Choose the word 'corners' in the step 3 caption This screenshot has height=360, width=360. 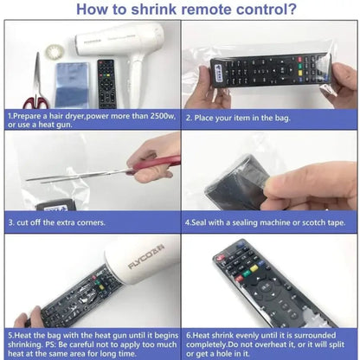pyautogui.click(x=87, y=222)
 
